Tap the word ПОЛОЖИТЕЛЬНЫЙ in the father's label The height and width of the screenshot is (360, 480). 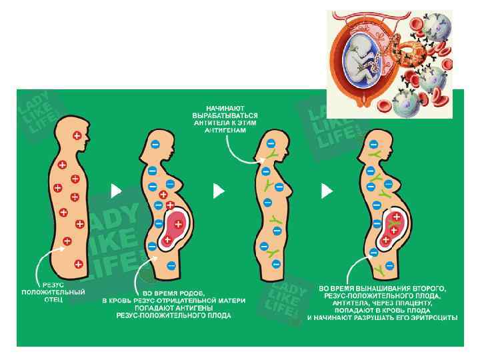53,292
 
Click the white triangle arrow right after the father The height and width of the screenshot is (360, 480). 117,191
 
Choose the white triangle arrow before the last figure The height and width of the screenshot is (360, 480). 327,191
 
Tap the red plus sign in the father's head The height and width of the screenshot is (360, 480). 77,136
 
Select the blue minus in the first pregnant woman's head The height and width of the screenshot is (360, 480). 155,143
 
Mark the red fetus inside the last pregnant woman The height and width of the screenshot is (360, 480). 393,226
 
